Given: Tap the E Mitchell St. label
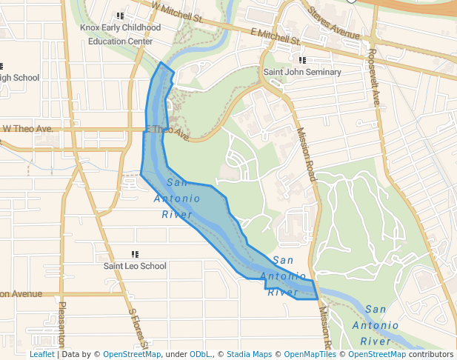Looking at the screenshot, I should pos(275,36).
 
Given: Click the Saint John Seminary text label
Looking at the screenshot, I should pos(302,72).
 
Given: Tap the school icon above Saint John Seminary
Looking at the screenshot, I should pos(302,59).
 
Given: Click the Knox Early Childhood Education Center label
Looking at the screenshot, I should pos(120,34).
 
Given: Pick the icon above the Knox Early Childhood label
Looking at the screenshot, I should pos(120,16).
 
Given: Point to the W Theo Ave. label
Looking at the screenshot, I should pos(27,128).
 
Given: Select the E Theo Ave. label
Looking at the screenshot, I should pos(169,133).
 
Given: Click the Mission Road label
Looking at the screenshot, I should pos(306,154).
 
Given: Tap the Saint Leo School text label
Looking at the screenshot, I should pos(135,266).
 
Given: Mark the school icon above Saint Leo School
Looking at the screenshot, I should pos(135,253).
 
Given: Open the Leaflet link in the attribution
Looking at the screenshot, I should pos(41,354).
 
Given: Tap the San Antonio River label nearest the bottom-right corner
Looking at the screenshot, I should pos(376,325).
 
